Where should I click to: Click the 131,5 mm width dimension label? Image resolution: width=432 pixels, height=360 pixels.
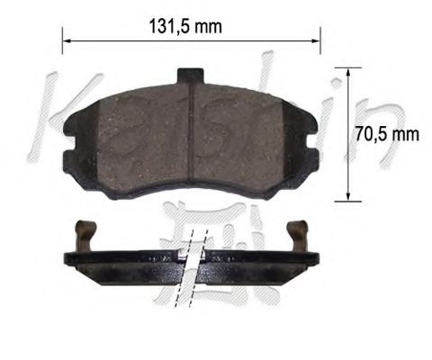point(184,26)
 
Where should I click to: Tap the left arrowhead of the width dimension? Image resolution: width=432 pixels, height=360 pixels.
point(66,39)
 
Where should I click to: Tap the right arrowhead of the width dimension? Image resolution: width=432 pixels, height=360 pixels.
point(316,39)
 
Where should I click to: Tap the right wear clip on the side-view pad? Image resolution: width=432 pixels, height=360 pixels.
point(300,235)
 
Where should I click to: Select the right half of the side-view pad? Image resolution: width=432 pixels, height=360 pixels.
point(261,261)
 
